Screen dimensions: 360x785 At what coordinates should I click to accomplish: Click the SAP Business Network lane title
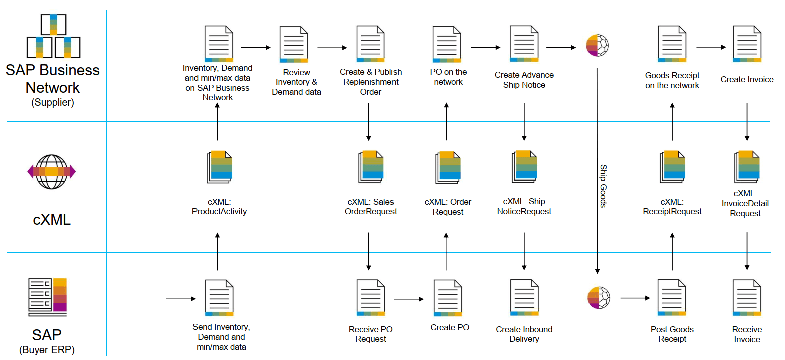[53, 79]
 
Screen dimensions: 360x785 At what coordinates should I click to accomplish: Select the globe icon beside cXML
[51, 172]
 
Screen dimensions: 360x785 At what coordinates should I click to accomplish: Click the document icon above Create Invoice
[747, 44]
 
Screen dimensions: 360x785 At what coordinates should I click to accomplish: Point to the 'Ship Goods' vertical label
[603, 186]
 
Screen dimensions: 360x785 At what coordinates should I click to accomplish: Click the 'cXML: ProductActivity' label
[219, 206]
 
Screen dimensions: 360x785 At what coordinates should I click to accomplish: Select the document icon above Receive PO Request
[370, 298]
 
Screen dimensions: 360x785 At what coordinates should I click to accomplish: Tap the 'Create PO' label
[450, 328]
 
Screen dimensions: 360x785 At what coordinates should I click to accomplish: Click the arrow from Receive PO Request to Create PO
[409, 300]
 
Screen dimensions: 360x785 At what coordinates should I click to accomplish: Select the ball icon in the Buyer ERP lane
[598, 298]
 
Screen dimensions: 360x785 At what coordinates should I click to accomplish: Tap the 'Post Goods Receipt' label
[672, 334]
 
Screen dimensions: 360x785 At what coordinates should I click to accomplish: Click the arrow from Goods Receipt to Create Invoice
[711, 47]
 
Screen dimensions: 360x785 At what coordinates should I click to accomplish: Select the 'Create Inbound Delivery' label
[524, 334]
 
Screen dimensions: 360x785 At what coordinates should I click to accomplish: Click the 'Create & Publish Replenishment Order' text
[370, 82]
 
